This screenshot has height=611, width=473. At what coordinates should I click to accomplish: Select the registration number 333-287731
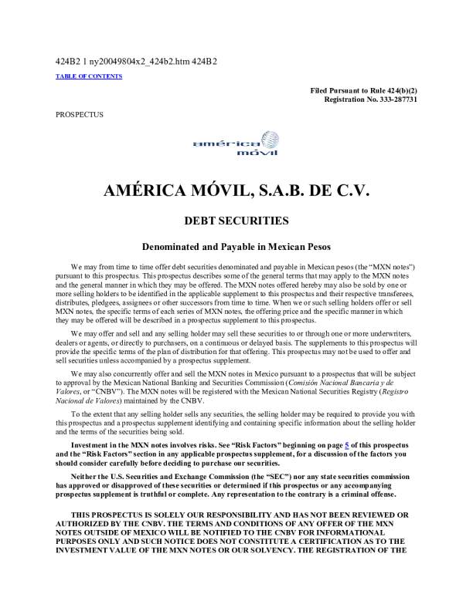pos(393,100)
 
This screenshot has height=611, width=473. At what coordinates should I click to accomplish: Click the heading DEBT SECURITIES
pos(236,221)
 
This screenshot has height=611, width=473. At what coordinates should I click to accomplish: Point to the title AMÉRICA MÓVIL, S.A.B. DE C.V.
pos(236,190)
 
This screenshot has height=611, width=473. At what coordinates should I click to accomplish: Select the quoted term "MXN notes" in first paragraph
pos(393,266)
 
